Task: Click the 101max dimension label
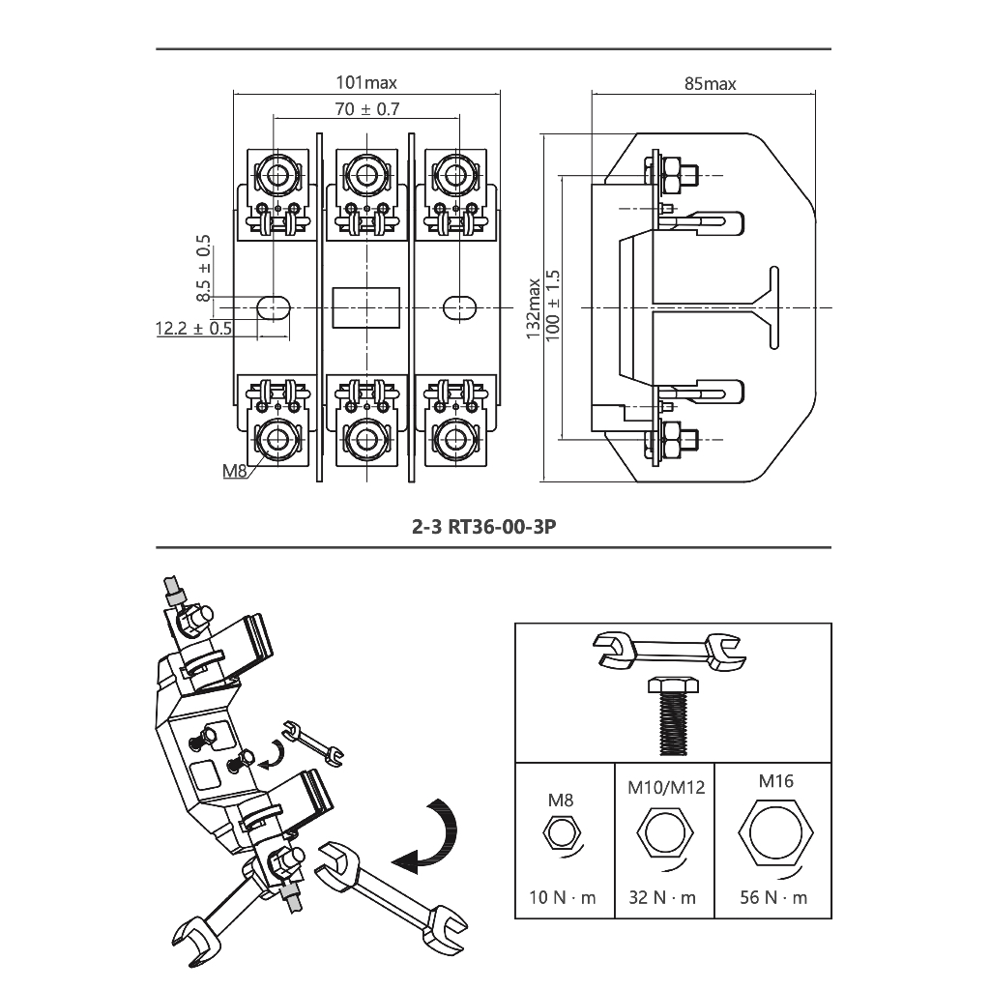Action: click(x=366, y=83)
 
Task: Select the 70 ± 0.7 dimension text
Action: click(x=366, y=109)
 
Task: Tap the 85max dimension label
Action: click(x=711, y=84)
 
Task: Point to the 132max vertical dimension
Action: click(x=534, y=308)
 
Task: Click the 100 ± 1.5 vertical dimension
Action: click(x=552, y=306)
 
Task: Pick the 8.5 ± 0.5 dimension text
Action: click(x=203, y=269)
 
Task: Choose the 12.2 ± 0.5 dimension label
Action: click(x=193, y=329)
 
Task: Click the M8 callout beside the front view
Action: click(x=234, y=471)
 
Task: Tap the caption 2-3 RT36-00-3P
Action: click(x=484, y=527)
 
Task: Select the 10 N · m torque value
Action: click(x=563, y=897)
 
